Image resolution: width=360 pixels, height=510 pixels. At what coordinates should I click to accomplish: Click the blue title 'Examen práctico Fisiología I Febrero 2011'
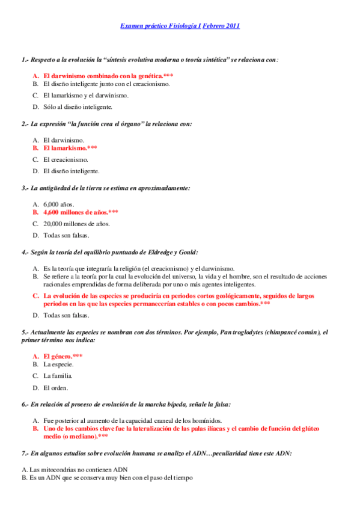click(180, 26)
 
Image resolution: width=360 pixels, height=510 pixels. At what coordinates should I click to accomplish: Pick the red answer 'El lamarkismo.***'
click(70, 147)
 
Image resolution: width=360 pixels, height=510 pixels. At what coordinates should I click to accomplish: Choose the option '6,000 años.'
click(59, 204)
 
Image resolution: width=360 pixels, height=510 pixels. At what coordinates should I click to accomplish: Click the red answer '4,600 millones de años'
click(76, 212)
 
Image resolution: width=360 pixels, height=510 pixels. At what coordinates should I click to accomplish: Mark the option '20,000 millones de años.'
click(76, 224)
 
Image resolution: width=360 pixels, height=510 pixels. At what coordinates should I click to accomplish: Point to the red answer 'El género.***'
click(63, 356)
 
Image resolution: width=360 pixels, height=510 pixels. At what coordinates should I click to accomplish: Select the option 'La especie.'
click(59, 364)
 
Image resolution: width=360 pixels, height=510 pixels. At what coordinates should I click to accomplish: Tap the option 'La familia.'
click(59, 376)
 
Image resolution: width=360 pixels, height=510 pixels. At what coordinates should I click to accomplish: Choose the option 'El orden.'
click(56, 387)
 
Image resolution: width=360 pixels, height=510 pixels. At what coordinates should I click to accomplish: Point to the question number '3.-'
click(25, 188)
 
